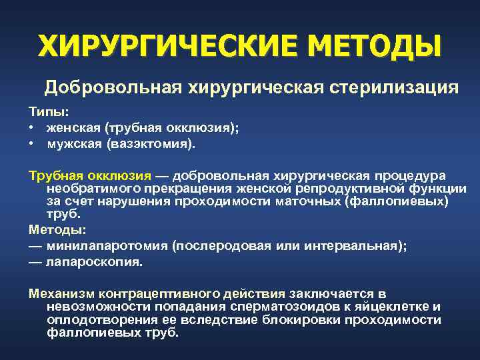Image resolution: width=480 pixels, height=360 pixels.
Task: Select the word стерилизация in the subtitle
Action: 393,88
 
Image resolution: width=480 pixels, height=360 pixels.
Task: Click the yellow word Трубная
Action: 52,175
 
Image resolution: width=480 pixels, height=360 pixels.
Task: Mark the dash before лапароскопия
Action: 35,261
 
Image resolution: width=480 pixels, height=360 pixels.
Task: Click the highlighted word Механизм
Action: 61,294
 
